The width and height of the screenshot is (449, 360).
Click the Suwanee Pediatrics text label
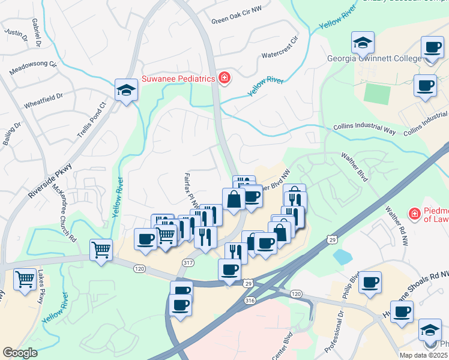pos(178,79)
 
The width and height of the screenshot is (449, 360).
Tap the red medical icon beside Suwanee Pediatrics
pos(224,78)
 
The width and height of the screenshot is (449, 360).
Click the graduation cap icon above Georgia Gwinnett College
pos(363,42)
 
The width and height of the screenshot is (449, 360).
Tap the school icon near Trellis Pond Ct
pos(127,90)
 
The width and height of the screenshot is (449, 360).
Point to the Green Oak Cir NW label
pos(237,20)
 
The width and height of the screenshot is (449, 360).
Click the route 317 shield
pos(188,262)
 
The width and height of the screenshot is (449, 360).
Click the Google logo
pos(20,352)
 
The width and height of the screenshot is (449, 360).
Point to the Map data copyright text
pos(424,355)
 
